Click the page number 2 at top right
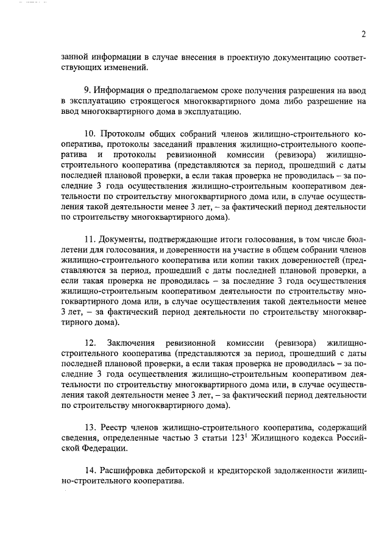click(x=363, y=34)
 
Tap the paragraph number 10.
click(x=90, y=134)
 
